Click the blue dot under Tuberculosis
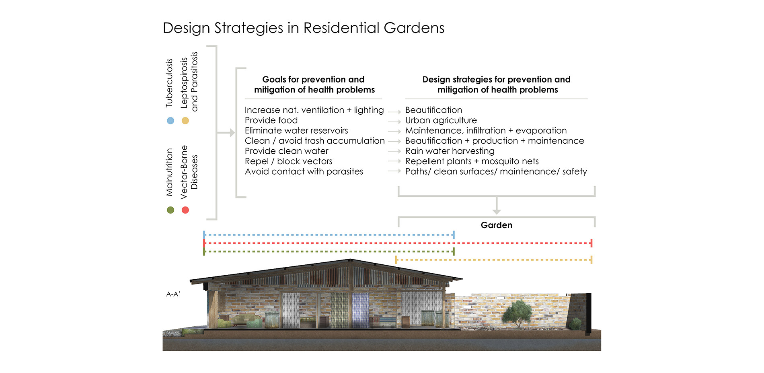pyautogui.click(x=170, y=121)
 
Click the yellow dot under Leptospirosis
pyautogui.click(x=185, y=121)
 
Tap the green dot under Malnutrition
pyautogui.click(x=170, y=210)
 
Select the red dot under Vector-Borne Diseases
pyautogui.click(x=185, y=210)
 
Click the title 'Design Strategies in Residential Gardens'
pyautogui.click(x=304, y=28)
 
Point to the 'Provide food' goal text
pyautogui.click(x=271, y=120)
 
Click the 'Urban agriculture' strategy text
pyautogui.click(x=441, y=120)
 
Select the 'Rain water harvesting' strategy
pyautogui.click(x=450, y=151)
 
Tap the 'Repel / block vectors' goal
pyautogui.click(x=289, y=161)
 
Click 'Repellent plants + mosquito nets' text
pyautogui.click(x=472, y=161)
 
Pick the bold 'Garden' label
pyautogui.click(x=497, y=225)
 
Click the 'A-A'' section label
pyautogui.click(x=173, y=294)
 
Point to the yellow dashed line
pyautogui.click(x=494, y=260)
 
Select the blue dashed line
pyautogui.click(x=329, y=235)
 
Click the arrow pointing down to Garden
pyautogui.click(x=497, y=205)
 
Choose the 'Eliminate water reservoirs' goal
pyautogui.click(x=296, y=131)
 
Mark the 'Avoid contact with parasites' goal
pyautogui.click(x=304, y=171)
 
